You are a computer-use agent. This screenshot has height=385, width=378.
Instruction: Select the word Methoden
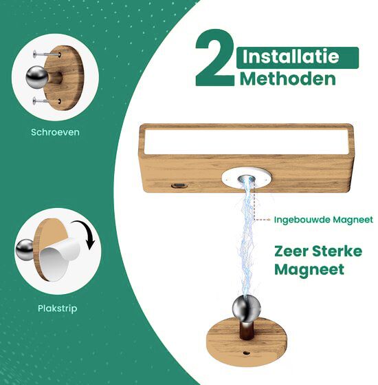(x=288, y=79)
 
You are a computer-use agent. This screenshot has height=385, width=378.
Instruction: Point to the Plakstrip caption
(x=57, y=308)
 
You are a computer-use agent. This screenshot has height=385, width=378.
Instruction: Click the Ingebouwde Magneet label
(x=323, y=220)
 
